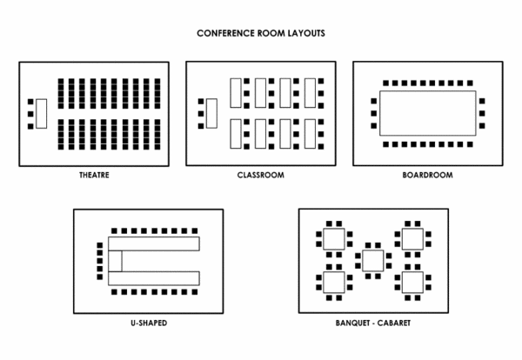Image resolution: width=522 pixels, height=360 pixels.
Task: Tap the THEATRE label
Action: tap(94, 175)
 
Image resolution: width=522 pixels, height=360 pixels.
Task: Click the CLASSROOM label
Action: tap(261, 175)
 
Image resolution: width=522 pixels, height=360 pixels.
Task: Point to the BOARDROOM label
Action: tap(427, 175)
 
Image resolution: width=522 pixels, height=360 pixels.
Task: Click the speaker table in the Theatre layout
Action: tap(41, 114)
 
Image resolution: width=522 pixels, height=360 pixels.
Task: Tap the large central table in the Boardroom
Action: tap(427, 113)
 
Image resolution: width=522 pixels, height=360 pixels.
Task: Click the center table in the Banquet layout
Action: tap(373, 260)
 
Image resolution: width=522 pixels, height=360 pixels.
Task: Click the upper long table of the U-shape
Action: tap(154, 243)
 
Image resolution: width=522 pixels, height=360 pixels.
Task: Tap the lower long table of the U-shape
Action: tap(154, 279)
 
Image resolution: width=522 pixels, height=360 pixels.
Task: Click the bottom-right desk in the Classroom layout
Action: tap(309, 133)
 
